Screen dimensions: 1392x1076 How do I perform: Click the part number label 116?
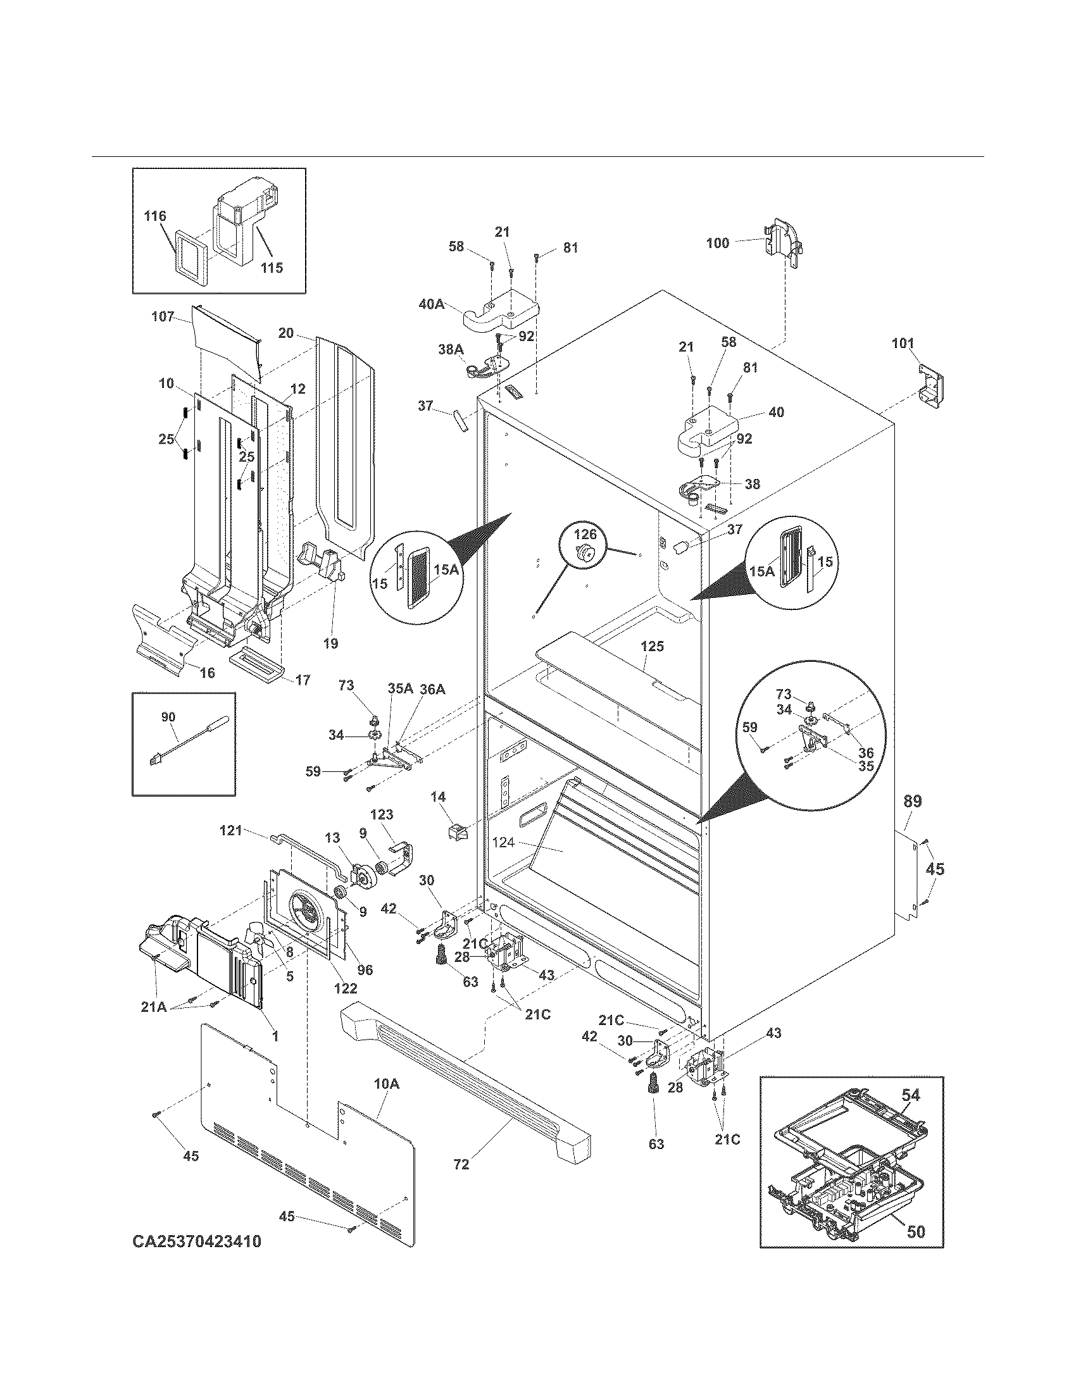(x=155, y=216)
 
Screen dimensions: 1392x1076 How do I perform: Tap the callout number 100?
(x=717, y=243)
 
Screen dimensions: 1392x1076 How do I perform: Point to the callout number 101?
(x=902, y=344)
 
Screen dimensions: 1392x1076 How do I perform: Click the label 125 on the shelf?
(x=652, y=646)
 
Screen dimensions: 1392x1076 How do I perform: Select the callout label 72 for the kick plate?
(x=461, y=1164)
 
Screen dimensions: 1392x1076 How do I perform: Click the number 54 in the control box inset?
(x=910, y=1095)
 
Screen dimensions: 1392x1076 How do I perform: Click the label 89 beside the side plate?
(x=913, y=802)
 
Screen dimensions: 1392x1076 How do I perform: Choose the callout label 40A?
(x=432, y=304)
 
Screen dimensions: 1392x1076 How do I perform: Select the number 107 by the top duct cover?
(x=163, y=316)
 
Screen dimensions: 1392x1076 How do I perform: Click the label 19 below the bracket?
(x=330, y=643)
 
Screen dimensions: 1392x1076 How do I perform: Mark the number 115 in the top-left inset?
(x=272, y=268)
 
